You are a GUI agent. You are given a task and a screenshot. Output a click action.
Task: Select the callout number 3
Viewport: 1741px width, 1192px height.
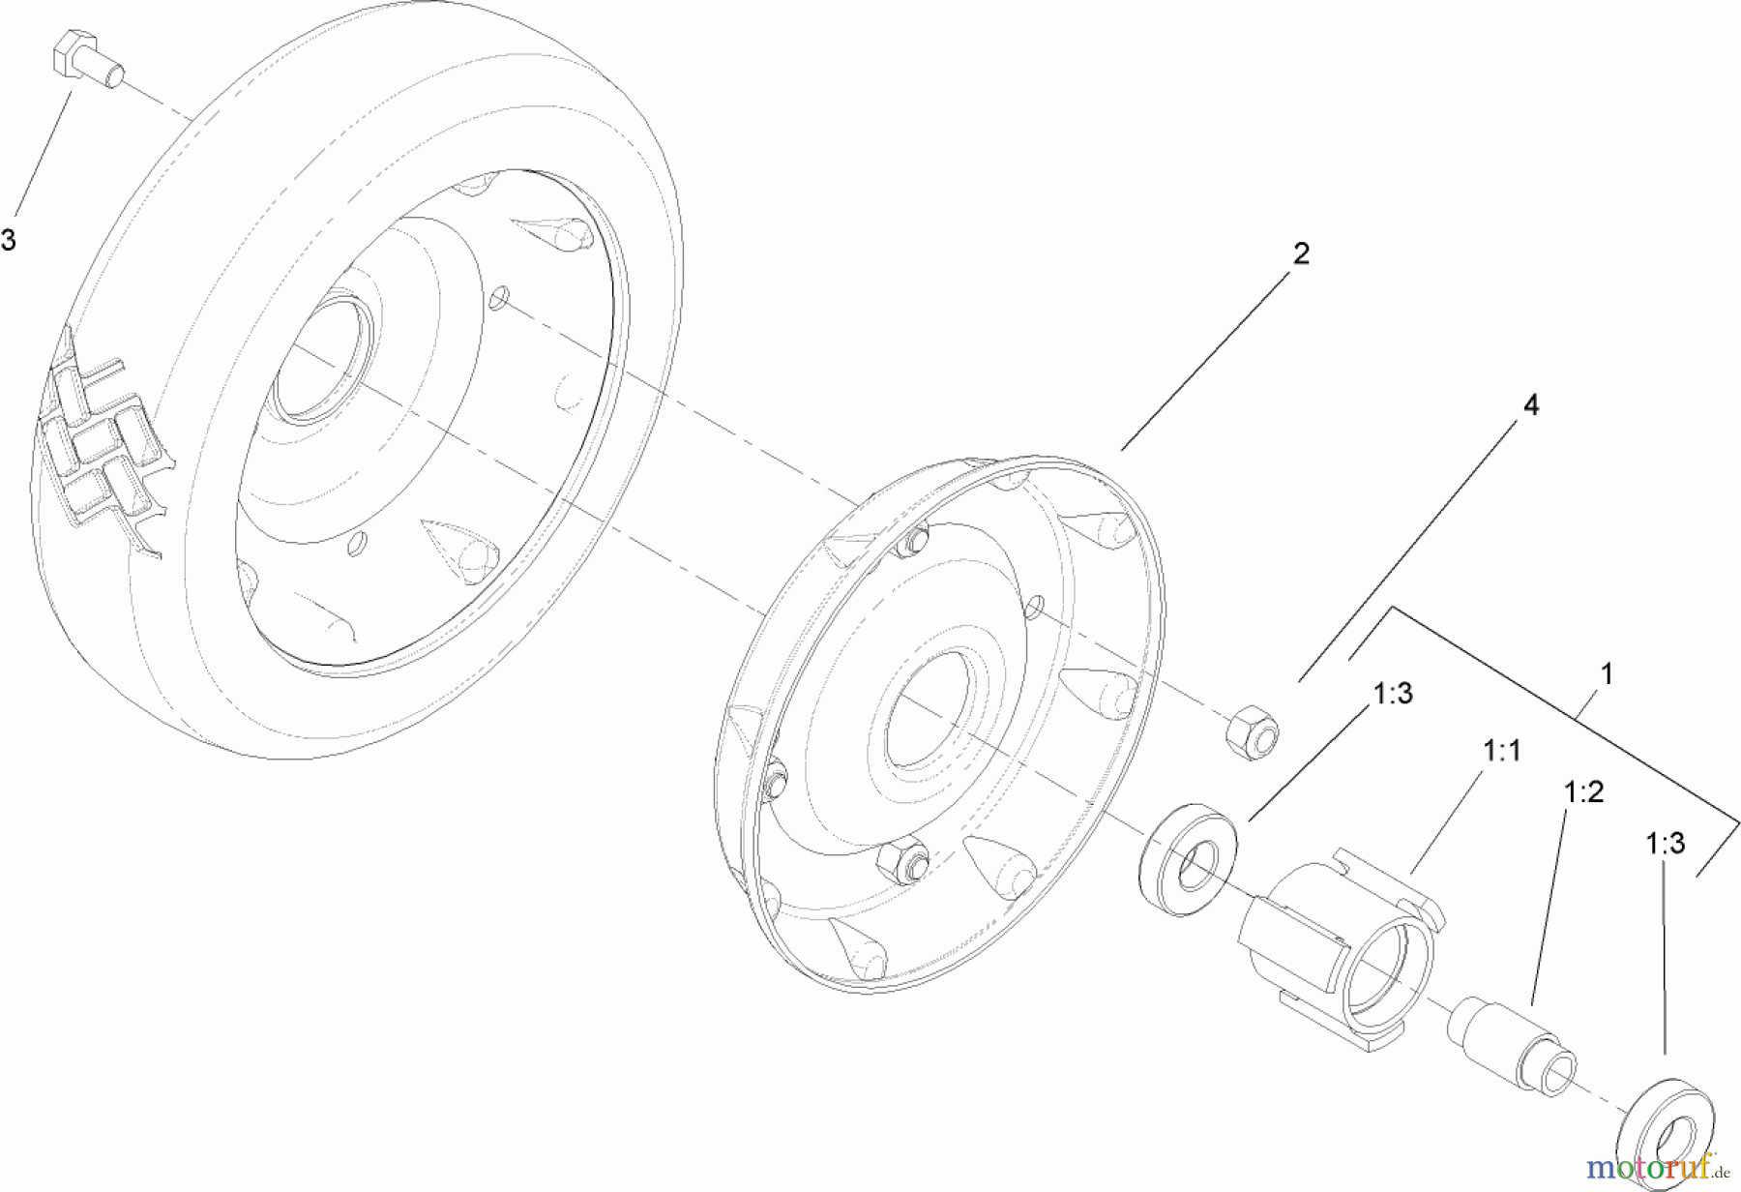coord(9,240)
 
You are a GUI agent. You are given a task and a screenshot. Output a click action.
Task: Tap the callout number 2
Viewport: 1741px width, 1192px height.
coord(1301,253)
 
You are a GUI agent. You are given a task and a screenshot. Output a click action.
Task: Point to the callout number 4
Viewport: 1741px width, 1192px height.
coord(1530,405)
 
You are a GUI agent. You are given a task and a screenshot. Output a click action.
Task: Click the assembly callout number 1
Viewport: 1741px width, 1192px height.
coord(1607,673)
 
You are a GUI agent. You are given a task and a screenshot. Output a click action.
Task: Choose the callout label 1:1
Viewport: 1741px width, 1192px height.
coord(1500,750)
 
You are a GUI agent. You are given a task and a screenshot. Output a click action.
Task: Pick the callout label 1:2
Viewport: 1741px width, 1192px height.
coord(1583,792)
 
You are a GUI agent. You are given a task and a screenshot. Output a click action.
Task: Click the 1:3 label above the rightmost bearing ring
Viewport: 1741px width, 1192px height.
coord(1666,844)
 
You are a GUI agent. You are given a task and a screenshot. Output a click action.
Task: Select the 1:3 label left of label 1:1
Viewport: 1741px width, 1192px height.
coord(1393,693)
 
